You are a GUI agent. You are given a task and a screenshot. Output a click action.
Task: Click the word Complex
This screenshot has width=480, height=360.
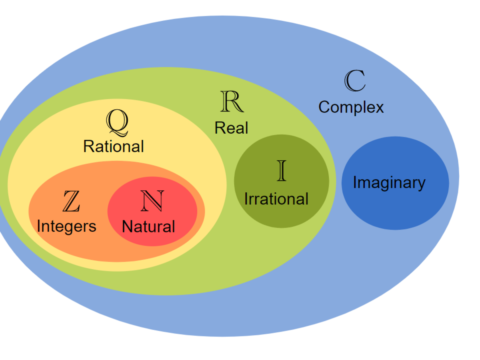tap(351, 107)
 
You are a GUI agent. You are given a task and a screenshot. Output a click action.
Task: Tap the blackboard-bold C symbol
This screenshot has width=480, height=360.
tap(354, 81)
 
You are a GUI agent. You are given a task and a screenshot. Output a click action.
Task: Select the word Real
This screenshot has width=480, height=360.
tap(231, 128)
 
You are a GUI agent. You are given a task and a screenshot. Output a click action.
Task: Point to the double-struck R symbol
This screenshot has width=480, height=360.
tap(232, 102)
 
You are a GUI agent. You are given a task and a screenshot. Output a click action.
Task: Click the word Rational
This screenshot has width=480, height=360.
tap(113, 146)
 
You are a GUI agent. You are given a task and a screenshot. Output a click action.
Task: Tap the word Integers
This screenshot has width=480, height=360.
tap(66, 226)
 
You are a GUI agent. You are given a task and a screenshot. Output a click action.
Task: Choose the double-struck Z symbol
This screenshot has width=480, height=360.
tap(71, 202)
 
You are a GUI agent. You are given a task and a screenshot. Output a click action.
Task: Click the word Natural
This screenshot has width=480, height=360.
tap(148, 227)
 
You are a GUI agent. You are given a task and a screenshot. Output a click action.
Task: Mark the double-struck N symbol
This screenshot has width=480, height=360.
tap(152, 201)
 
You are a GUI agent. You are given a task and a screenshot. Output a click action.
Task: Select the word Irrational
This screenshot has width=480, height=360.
tap(276, 199)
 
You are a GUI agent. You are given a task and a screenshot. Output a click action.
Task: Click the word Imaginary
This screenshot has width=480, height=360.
tap(389, 183)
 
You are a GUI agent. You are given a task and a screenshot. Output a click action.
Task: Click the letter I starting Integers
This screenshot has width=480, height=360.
tap(38, 226)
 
